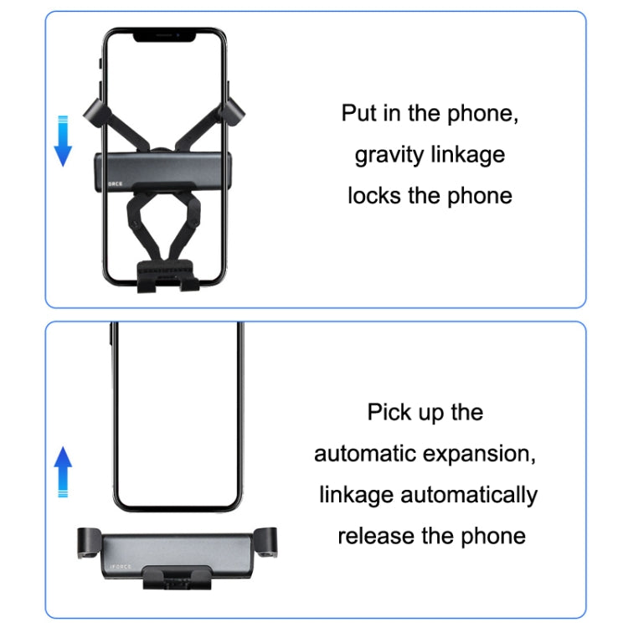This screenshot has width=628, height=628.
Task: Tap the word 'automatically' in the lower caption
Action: [470, 494]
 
